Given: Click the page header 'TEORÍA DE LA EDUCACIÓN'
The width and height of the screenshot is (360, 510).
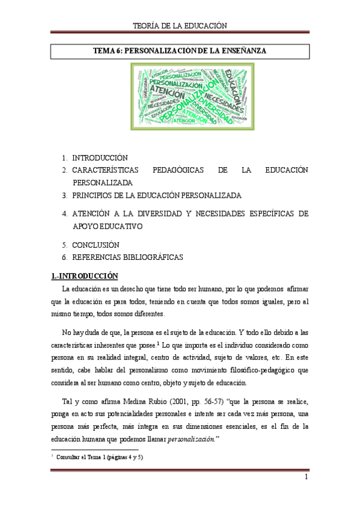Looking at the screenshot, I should tap(180, 25).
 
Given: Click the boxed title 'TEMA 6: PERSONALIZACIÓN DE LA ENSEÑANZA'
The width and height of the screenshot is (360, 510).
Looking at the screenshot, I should tap(180, 52).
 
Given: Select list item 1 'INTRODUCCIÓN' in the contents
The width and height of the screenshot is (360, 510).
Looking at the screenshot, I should tap(100, 158).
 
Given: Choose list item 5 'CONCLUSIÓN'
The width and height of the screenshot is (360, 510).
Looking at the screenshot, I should tap(96, 245).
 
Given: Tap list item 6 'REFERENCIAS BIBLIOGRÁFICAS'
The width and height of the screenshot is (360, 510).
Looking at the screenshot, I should tap(127, 257).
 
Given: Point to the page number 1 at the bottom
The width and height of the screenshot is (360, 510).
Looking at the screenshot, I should tap(306, 478).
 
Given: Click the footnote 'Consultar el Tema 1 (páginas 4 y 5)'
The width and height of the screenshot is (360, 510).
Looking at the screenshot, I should tap(99, 458).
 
